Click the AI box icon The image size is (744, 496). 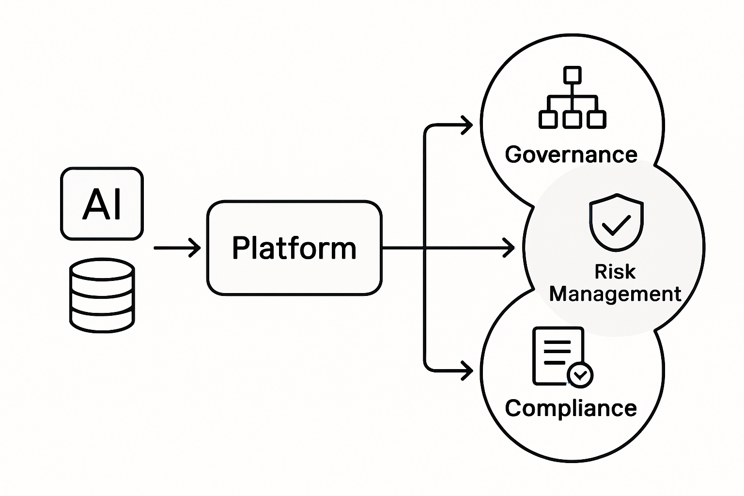tap(102, 203)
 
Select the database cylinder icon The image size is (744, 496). tap(102, 295)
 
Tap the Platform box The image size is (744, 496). tap(294, 248)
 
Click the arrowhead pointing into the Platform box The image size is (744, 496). tap(196, 248)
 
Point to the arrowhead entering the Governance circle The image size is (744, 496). tap(467, 125)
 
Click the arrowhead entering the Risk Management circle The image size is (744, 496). tap(510, 248)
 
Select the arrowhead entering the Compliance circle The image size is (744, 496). tap(467, 371)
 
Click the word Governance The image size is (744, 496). tap(571, 155)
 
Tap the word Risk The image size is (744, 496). tap(615, 272)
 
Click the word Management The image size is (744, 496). tap(615, 294)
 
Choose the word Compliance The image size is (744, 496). tap(571, 408)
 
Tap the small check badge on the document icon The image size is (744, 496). tap(580, 374)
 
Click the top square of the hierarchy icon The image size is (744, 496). tap(572, 75)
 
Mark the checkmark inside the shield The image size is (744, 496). tap(616, 224)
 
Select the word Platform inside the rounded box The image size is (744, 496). tap(294, 248)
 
